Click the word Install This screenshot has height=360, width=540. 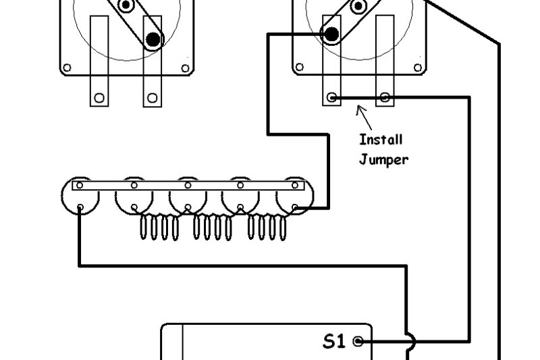pyautogui.click(x=381, y=140)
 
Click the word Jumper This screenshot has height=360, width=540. pyautogui.click(x=383, y=159)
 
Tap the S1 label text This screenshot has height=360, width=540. pyautogui.click(x=334, y=341)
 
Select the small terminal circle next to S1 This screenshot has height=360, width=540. pyautogui.click(x=358, y=341)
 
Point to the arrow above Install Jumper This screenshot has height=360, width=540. pyautogui.click(x=364, y=116)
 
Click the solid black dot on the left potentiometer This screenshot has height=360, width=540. pyautogui.click(x=154, y=40)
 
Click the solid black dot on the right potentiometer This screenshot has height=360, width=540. pyautogui.click(x=331, y=34)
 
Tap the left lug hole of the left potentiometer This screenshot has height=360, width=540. pyautogui.click(x=99, y=98)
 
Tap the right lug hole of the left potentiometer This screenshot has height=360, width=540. pyautogui.click(x=153, y=98)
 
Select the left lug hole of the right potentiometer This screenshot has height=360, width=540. pyautogui.click(x=331, y=98)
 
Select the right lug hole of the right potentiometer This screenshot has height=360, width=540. pyautogui.click(x=385, y=98)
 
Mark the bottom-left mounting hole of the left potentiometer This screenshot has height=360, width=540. pyautogui.click(x=67, y=68)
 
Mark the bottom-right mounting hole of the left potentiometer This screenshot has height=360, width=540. pyautogui.click(x=186, y=68)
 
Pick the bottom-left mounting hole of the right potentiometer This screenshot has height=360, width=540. pyautogui.click(x=299, y=68)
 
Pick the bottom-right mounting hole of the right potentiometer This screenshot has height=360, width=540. pyautogui.click(x=418, y=68)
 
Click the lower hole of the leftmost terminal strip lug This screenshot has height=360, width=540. pyautogui.click(x=80, y=207)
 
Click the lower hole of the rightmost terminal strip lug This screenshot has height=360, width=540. pyautogui.click(x=296, y=207)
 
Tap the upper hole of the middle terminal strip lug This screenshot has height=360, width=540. pyautogui.click(x=188, y=185)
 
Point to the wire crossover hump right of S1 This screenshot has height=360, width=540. pyautogui.click(x=410, y=342)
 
